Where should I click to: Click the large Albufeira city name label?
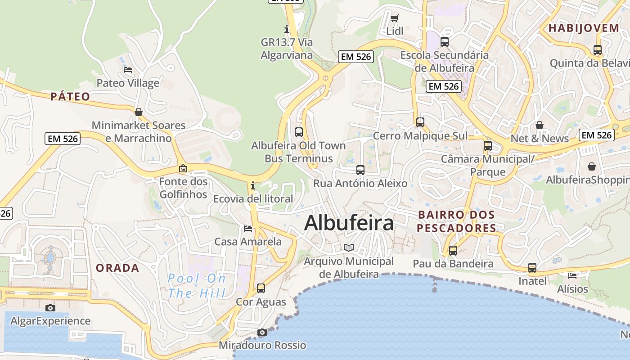coord(349,223)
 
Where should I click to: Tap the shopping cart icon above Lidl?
coord(395,18)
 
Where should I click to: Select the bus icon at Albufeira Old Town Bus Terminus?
coord(298,132)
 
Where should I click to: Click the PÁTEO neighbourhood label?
coord(70,96)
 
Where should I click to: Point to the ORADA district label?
coord(117,268)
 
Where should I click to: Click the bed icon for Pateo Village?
coord(128,70)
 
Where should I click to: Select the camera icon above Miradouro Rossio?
coord(262,333)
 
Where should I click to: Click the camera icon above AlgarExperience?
coord(50,308)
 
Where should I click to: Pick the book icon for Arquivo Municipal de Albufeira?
coord(349,247)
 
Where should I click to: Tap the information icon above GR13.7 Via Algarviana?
coord(287,29)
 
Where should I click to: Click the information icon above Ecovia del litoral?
coord(253,185)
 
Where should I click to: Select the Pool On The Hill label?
coord(197,286)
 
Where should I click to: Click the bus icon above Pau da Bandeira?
coord(453,251)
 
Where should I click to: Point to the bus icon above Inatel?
coord(532,268)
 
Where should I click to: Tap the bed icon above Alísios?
coord(572,275)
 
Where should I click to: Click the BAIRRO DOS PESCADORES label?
coord(456,221)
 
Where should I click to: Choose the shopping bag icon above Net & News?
coord(540,125)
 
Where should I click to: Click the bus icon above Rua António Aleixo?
coord(360,170)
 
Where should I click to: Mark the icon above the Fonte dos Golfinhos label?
coord(183,168)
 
